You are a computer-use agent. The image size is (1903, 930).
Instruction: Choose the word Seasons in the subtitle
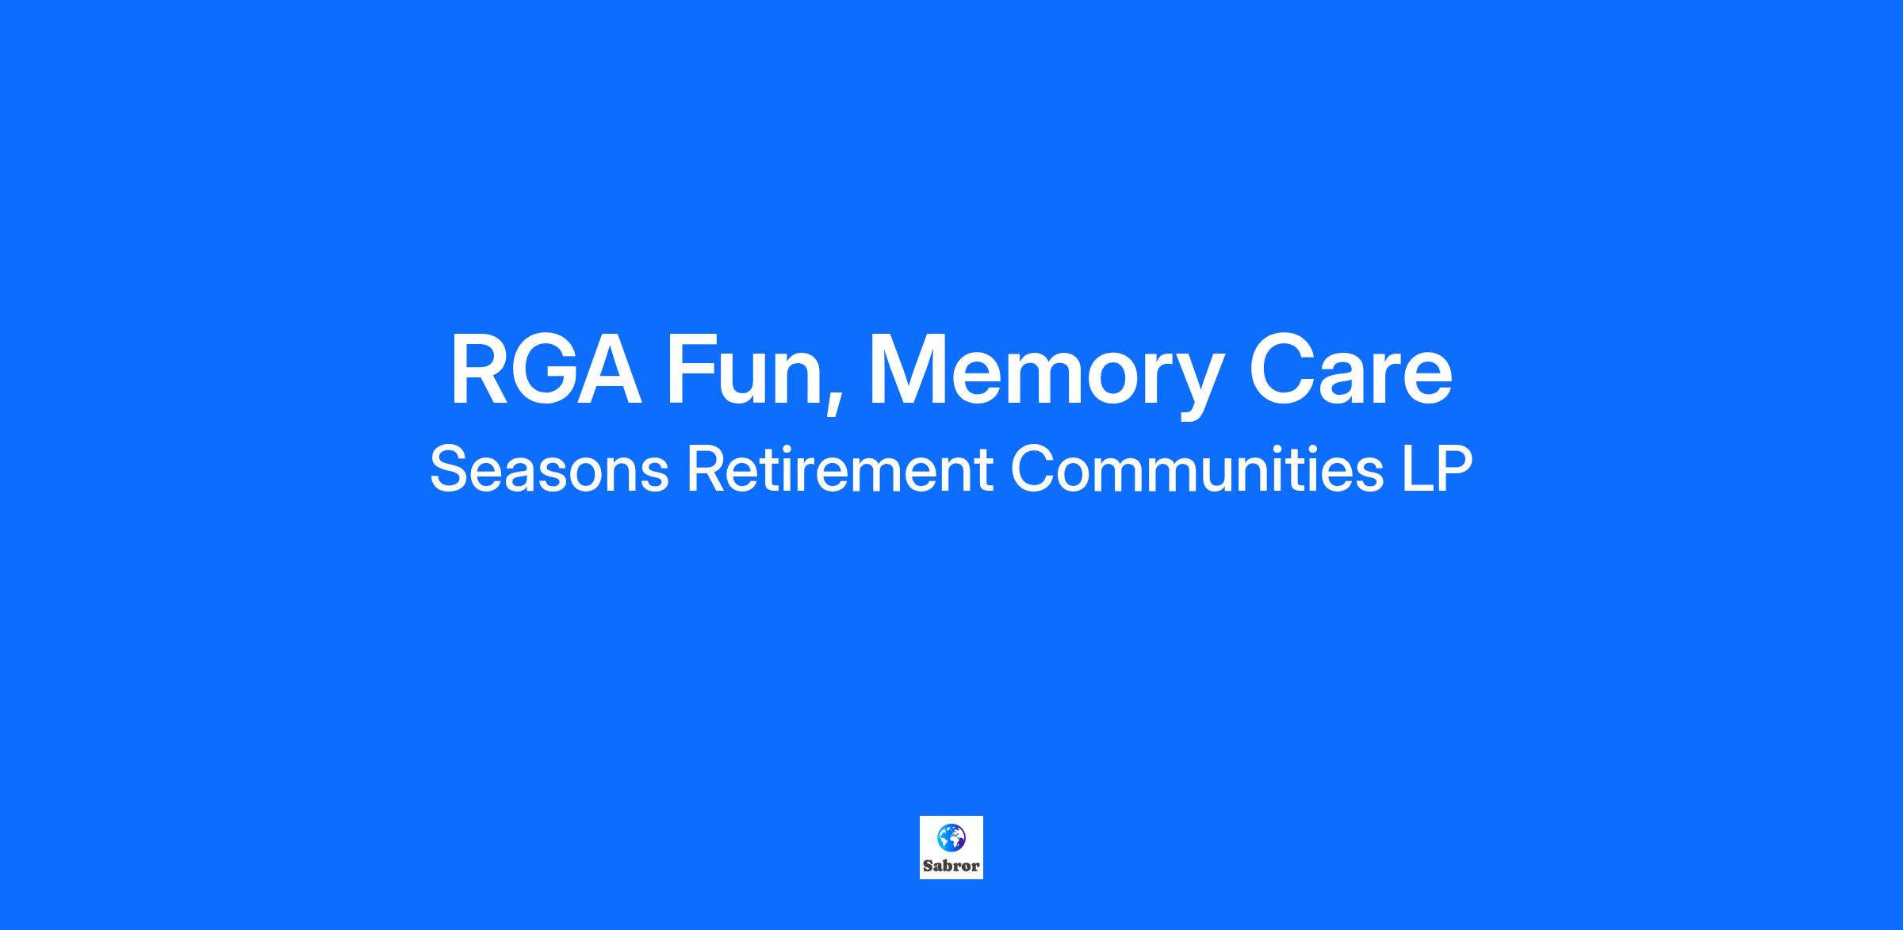549,469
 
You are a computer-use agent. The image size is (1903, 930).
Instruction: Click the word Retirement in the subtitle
840,469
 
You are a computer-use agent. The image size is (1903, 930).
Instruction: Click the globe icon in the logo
951,837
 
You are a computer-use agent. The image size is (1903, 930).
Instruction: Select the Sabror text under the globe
951,866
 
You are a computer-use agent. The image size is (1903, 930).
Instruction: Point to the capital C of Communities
1033,469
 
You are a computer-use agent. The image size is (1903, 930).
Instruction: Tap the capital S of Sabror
928,866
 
